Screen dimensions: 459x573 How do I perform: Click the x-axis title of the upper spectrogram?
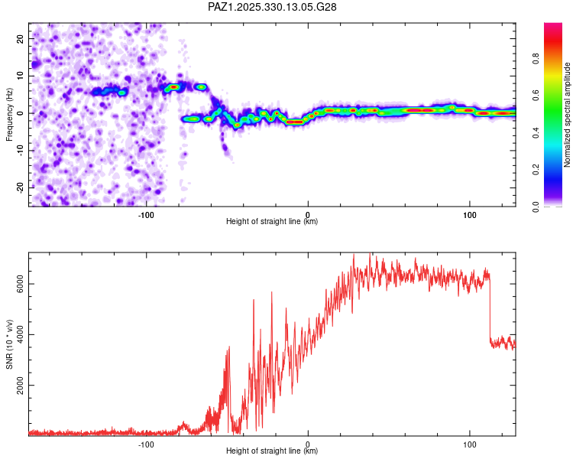(272, 222)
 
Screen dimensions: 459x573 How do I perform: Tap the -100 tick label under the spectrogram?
(146, 213)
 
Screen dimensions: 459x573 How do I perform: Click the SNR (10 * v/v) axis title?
(9, 345)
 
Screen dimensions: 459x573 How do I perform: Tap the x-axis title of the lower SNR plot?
(272, 451)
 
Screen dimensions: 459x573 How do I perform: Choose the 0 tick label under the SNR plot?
(308, 443)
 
